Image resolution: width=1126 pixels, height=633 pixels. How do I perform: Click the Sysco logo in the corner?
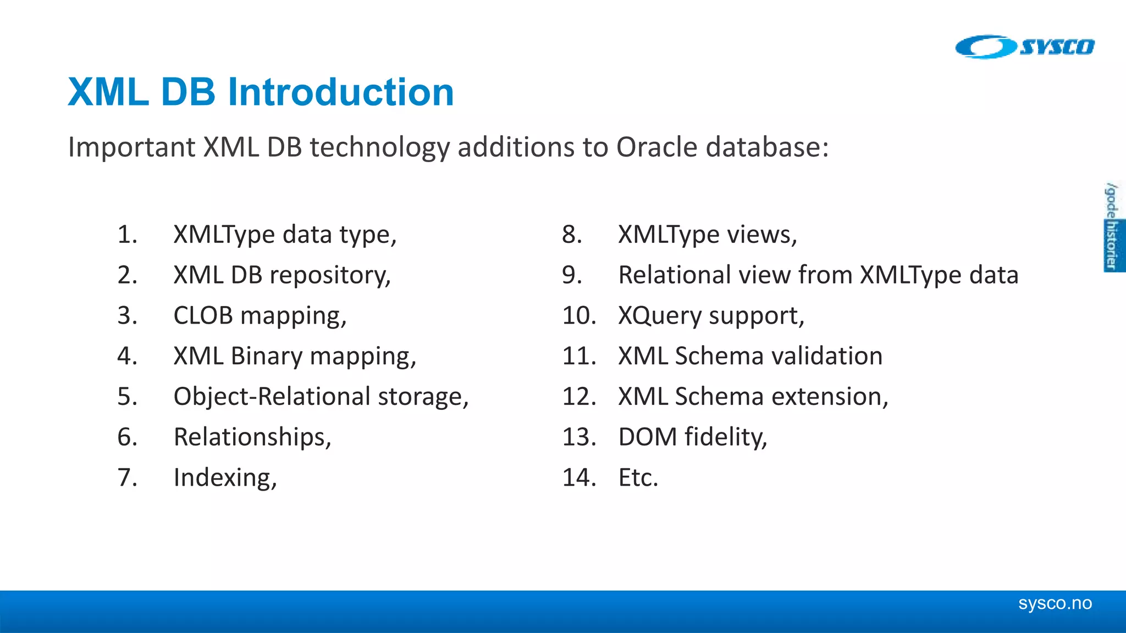tap(1025, 47)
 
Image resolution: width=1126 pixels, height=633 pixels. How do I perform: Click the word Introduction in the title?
tap(341, 92)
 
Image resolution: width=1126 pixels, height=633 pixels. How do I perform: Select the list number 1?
tap(127, 235)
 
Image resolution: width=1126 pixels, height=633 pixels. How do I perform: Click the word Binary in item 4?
tap(266, 356)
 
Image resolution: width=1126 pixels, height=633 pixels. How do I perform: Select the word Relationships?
tap(252, 437)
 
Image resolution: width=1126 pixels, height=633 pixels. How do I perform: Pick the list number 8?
tap(572, 235)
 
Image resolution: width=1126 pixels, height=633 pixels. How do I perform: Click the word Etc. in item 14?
tap(638, 477)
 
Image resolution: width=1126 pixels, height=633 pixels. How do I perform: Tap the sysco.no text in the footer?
tap(1055, 603)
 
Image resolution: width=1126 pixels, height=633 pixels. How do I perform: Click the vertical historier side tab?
tap(1112, 245)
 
